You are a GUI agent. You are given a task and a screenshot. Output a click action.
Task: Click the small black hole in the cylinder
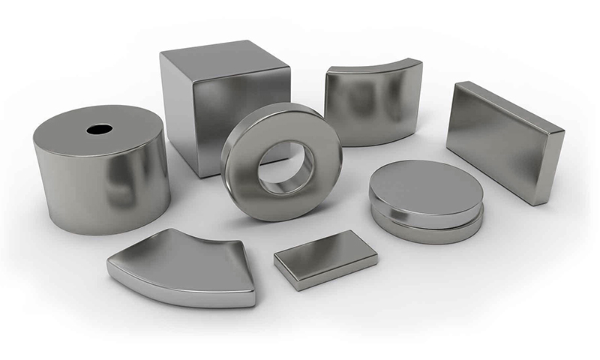click(x=99, y=129)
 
